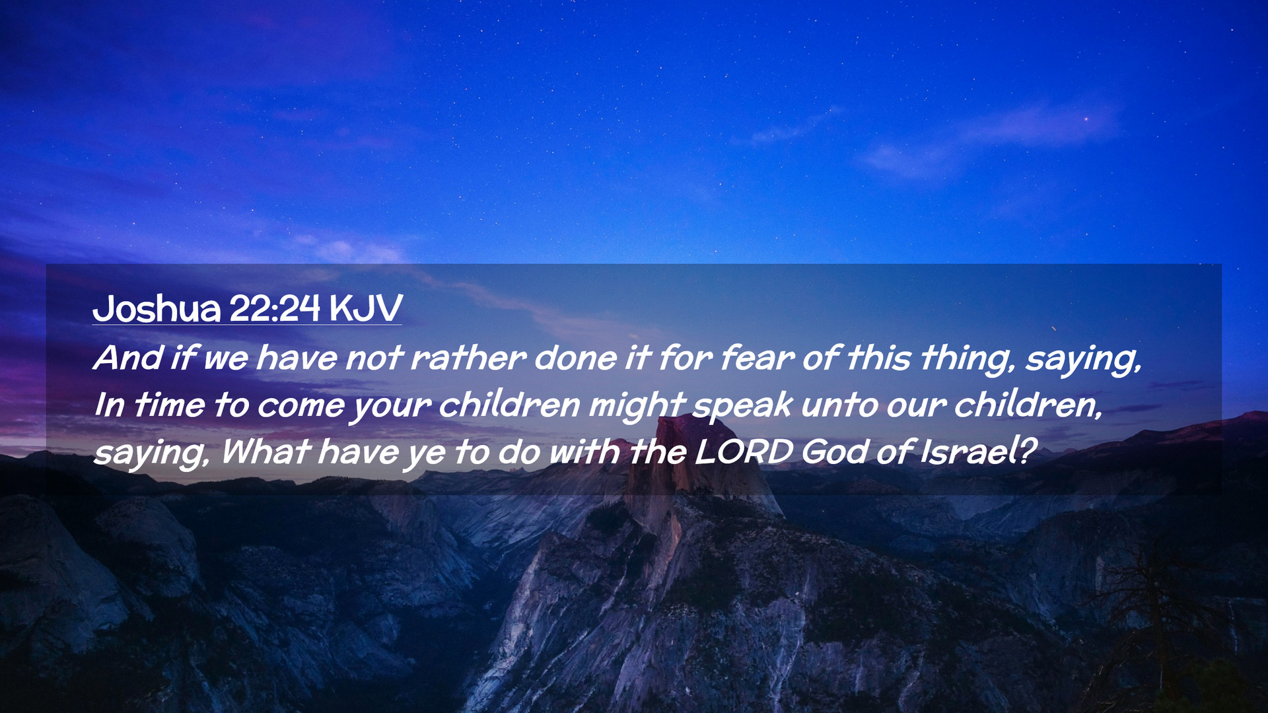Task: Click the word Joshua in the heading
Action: (x=157, y=308)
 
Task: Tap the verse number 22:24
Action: (x=275, y=308)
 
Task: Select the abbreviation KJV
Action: (x=365, y=308)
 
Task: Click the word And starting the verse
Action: (x=128, y=358)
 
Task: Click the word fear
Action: (x=757, y=358)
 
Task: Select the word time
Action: (x=169, y=405)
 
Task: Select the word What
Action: (x=265, y=452)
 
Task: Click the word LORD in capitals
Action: (x=744, y=452)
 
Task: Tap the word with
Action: (x=584, y=452)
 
